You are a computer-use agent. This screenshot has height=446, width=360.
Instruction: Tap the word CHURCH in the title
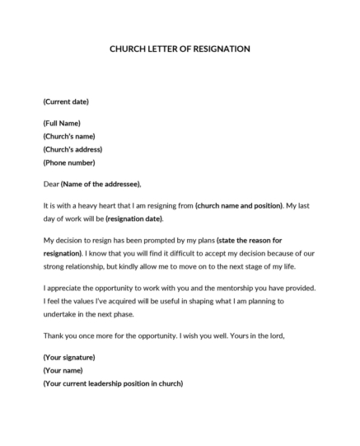click(129, 49)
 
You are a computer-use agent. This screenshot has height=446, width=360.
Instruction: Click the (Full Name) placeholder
click(62, 123)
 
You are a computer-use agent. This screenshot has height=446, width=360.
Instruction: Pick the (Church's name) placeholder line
click(69, 136)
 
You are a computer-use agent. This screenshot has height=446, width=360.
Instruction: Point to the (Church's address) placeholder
click(72, 149)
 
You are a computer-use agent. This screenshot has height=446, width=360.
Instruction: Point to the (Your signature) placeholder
click(69, 357)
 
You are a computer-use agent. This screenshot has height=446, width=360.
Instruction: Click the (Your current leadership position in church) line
click(113, 383)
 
